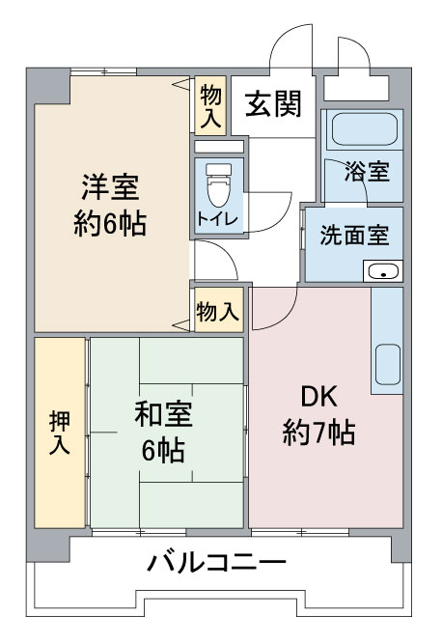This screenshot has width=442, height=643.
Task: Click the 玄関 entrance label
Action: [273, 103]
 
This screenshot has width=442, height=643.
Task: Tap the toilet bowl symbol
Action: [219, 185]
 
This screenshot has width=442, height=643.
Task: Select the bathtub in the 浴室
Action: [365, 128]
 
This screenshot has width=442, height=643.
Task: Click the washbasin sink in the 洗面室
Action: [383, 271]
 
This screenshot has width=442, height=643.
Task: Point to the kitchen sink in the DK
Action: [387, 364]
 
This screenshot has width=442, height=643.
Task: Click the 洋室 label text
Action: [110, 187]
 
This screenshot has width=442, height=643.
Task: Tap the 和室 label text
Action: [164, 414]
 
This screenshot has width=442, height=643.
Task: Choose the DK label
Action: [319, 397]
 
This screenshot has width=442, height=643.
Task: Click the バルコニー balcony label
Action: [216, 562]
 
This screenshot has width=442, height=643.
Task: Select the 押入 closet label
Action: [60, 433]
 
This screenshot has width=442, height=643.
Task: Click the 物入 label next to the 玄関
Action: [210, 106]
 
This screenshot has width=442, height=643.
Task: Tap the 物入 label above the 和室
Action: [217, 311]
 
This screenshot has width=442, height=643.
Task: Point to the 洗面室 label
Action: [355, 236]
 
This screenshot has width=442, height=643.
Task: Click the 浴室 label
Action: [367, 172]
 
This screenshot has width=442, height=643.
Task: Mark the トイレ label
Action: [217, 218]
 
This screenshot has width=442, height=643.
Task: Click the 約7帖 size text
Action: [319, 433]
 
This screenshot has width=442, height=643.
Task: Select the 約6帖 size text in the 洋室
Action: [110, 224]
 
